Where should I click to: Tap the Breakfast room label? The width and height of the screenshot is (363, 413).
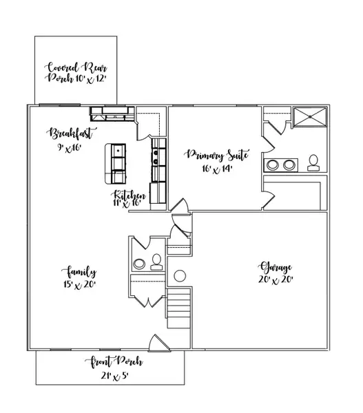click(72, 133)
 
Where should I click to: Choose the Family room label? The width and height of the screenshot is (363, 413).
click(81, 271)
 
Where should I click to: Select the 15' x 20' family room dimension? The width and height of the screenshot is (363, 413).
click(81, 284)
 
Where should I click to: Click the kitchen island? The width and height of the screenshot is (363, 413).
click(116, 163)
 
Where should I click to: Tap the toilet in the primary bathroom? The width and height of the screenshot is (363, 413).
click(313, 162)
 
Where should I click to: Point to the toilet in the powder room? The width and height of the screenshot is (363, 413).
click(156, 261)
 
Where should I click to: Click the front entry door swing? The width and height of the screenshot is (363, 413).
click(157, 342)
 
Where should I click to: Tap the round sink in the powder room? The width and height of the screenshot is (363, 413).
click(139, 262)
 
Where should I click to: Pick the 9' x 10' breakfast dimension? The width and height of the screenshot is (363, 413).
click(70, 147)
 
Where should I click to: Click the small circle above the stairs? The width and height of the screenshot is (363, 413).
click(179, 276)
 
